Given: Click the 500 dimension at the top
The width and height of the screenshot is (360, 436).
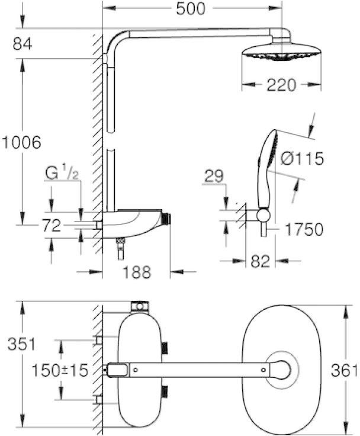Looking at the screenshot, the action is coord(191,8).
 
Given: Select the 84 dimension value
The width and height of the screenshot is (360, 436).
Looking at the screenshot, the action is coord(22,44).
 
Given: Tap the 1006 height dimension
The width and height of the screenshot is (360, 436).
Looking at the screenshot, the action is coord(21,142).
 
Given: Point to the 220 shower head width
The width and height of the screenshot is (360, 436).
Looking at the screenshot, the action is coord(281,85).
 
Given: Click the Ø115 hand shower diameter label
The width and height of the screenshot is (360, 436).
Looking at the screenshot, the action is coord(302,158).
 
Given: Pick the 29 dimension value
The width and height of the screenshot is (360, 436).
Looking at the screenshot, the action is coord(214,177).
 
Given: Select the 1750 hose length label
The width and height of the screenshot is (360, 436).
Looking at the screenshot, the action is coord(304,229).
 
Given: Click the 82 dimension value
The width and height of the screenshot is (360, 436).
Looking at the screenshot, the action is coord(260,261).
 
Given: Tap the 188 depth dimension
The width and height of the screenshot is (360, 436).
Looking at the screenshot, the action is coord(137,272).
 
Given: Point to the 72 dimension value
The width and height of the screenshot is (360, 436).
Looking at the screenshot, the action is coord(52,225).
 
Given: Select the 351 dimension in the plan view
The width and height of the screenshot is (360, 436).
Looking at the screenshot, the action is coord(22,344).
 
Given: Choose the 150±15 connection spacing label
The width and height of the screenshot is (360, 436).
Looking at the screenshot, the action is coord(60,370).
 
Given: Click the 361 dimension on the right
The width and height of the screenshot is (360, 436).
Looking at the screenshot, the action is coord(343,371).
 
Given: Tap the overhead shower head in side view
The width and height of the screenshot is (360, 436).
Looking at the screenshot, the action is coord(282,50).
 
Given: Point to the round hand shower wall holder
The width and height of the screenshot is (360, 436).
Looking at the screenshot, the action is coord(263,215).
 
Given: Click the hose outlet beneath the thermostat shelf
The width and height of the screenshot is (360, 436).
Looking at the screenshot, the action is coord(120,249).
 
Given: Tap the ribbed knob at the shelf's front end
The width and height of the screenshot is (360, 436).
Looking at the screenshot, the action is coord(166,219).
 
